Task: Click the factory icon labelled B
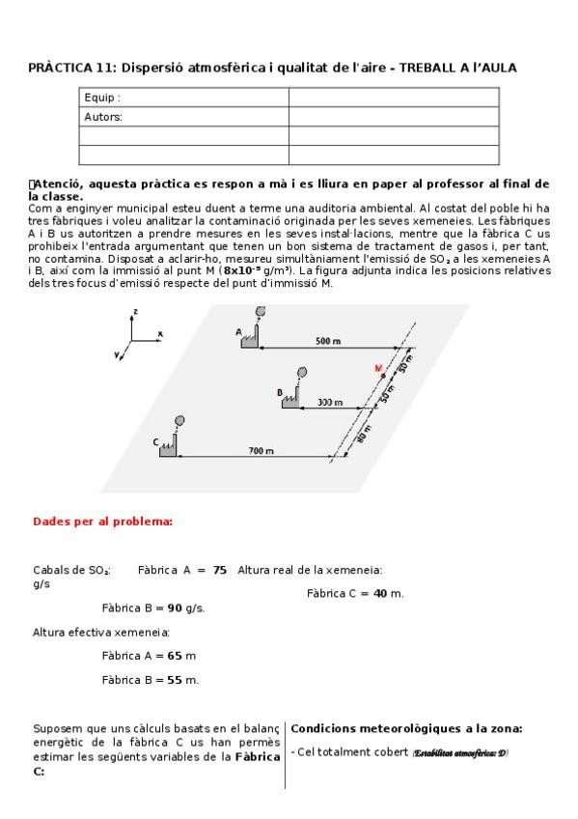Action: pyautogui.click(x=290, y=399)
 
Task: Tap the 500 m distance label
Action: pyautogui.click(x=328, y=341)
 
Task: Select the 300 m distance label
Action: pyautogui.click(x=331, y=402)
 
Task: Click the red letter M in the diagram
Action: pyautogui.click(x=379, y=368)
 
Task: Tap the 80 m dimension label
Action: pyautogui.click(x=363, y=435)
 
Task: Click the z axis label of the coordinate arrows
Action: pyautogui.click(x=137, y=311)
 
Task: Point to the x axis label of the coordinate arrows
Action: pyautogui.click(x=160, y=333)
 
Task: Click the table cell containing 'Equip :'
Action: pyautogui.click(x=183, y=98)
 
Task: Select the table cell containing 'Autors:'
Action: pyautogui.click(x=183, y=117)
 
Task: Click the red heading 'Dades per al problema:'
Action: pyautogui.click(x=103, y=522)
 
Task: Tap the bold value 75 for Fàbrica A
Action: pyautogui.click(x=220, y=570)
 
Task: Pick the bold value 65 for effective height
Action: pyautogui.click(x=175, y=656)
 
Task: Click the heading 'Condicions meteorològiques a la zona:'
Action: pyautogui.click(x=406, y=729)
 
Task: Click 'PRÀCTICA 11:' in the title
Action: pyautogui.click(x=68, y=68)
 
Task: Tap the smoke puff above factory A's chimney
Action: pyautogui.click(x=260, y=312)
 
